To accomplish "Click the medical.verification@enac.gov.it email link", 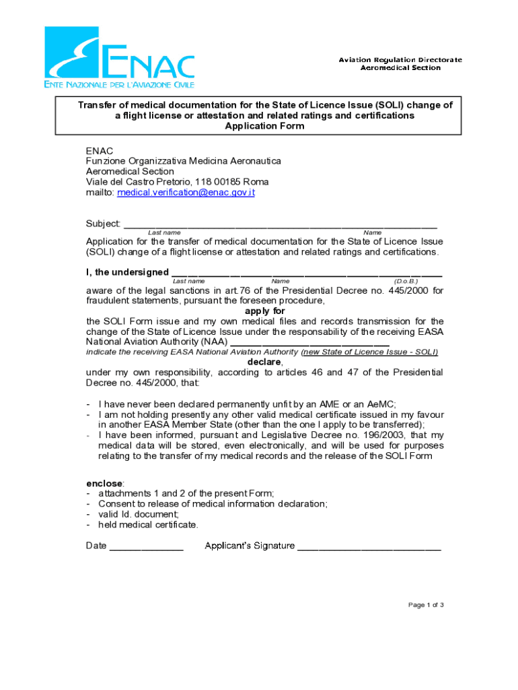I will [x=186, y=193].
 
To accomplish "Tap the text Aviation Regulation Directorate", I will [x=400, y=60].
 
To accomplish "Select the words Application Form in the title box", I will [x=264, y=126].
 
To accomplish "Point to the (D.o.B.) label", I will [x=406, y=281].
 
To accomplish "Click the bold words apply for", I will [x=264, y=311].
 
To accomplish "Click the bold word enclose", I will [x=104, y=484].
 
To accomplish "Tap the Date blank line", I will [x=146, y=546].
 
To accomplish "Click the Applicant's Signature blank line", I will [x=369, y=546].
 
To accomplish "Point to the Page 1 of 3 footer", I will [x=426, y=605].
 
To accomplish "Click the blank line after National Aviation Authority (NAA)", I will [x=309, y=342].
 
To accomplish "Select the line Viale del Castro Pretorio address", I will [x=177, y=182].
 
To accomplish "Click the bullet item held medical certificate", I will [x=148, y=524].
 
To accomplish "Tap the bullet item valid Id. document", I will [x=139, y=514].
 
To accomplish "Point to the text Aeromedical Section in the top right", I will [x=400, y=68].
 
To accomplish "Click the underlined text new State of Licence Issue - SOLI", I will [x=369, y=352].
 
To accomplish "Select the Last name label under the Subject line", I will [x=163, y=232].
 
